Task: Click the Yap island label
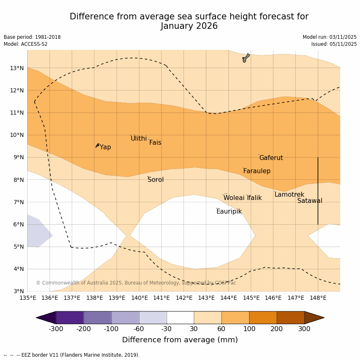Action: (x=105, y=147)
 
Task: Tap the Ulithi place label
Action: (x=139, y=139)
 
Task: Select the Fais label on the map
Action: (x=155, y=143)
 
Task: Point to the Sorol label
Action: (x=155, y=180)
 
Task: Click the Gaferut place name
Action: (x=271, y=158)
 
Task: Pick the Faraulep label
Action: (x=256, y=171)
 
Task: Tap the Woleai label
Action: (x=234, y=198)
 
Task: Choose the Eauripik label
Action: (x=229, y=212)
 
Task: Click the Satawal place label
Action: (x=310, y=201)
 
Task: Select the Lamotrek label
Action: (x=289, y=195)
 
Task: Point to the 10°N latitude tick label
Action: (x=17, y=135)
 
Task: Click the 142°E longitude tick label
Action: (x=184, y=298)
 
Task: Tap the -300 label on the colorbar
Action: (x=56, y=329)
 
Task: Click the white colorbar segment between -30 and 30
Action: (x=180, y=318)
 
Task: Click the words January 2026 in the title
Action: (x=189, y=26)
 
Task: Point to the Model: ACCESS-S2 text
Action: (x=26, y=44)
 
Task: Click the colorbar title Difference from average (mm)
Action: (x=180, y=340)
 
